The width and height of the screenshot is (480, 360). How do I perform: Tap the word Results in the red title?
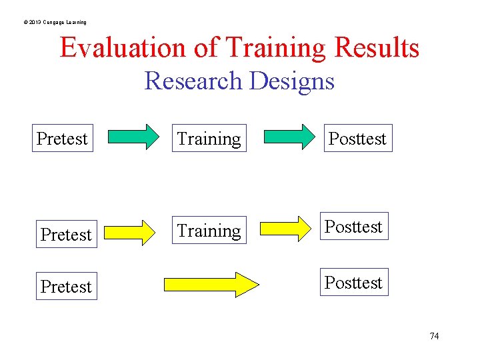click(x=377, y=48)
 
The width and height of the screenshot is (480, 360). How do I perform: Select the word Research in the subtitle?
click(x=193, y=81)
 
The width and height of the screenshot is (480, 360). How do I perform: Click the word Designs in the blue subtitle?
click(x=292, y=81)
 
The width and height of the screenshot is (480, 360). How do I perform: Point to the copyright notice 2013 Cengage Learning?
click(x=55, y=22)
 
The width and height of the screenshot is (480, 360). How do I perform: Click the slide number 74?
click(x=434, y=336)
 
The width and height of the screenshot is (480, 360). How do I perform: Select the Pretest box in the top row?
click(x=62, y=139)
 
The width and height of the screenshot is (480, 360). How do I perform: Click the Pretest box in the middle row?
click(x=66, y=235)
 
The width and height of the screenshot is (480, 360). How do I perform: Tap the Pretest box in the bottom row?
click(x=66, y=287)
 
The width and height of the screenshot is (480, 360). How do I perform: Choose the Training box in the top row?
click(x=209, y=139)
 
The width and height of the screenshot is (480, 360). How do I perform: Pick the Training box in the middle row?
click(x=209, y=231)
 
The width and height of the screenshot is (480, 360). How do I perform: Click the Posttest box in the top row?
click(x=358, y=139)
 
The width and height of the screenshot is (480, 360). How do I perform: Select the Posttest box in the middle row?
click(x=354, y=227)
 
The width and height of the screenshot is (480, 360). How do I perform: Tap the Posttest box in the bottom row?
click(x=354, y=283)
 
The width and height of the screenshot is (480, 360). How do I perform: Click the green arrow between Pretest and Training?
click(x=134, y=137)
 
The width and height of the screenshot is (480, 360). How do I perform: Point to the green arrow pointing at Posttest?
click(x=288, y=137)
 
